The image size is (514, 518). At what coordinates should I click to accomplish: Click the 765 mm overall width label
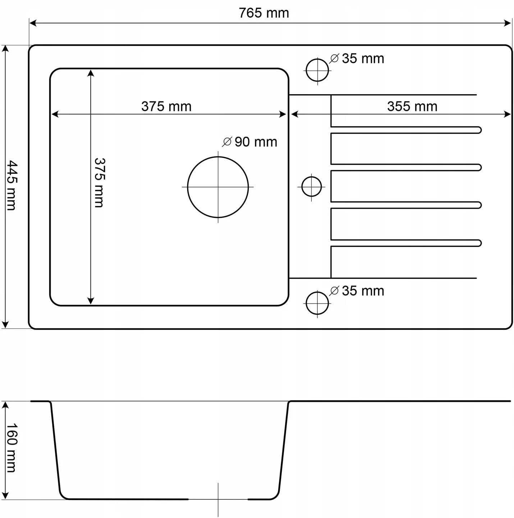click(263, 13)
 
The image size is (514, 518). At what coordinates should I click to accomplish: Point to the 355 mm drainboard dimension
click(412, 106)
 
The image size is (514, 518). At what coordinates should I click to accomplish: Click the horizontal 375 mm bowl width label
click(166, 106)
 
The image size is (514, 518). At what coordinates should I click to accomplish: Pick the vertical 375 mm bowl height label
click(100, 182)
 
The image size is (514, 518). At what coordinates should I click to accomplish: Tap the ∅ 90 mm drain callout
click(250, 142)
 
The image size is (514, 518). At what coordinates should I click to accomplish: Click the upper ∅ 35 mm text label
click(357, 59)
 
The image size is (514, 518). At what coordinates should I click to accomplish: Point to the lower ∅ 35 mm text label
click(357, 291)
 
